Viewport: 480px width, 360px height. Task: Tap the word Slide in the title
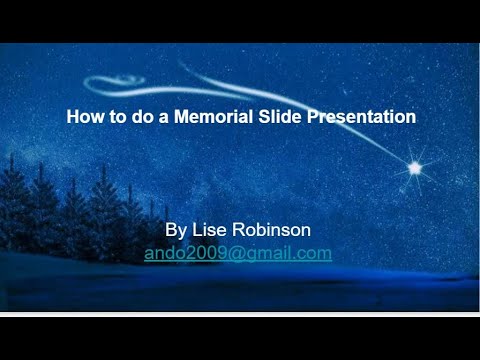[279, 117]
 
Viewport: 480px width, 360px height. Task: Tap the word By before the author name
[175, 230]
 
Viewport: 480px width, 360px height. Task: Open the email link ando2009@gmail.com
[238, 253]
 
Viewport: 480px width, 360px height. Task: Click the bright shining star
[414, 168]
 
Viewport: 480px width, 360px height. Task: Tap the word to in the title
[112, 117]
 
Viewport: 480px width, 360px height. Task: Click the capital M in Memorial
[181, 117]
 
